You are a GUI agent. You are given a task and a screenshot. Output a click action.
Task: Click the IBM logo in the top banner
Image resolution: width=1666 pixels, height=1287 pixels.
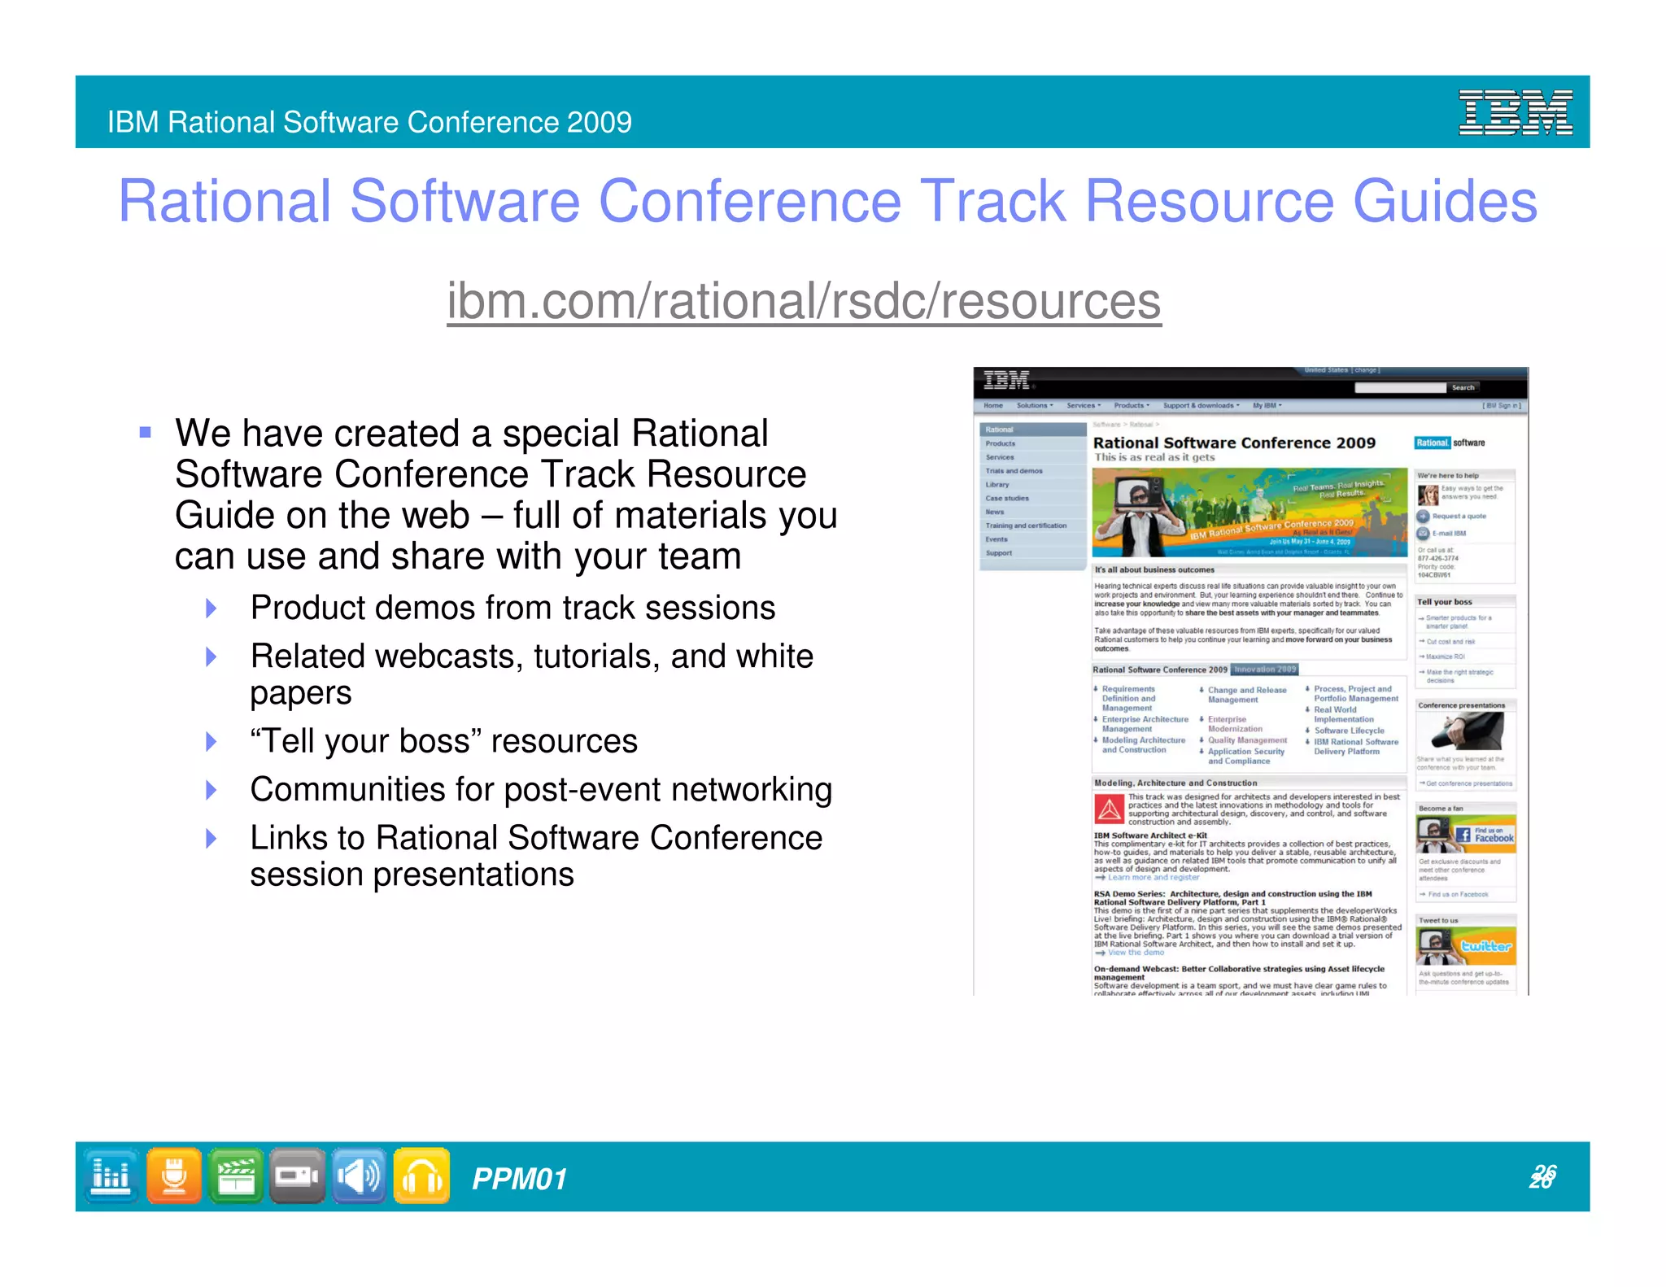click(1515, 112)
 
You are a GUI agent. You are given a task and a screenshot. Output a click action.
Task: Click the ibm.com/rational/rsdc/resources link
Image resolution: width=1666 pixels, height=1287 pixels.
click(804, 301)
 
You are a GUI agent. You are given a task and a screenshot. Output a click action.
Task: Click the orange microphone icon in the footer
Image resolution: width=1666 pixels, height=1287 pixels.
click(174, 1176)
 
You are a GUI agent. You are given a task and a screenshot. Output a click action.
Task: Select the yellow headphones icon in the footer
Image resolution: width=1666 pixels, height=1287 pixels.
click(421, 1176)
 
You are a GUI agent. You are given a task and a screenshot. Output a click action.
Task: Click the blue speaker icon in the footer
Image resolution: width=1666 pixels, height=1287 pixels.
click(359, 1176)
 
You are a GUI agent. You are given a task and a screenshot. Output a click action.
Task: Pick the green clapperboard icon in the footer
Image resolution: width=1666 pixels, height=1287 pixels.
click(236, 1176)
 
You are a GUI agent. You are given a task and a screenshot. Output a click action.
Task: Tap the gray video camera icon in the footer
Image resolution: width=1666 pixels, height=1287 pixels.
click(297, 1176)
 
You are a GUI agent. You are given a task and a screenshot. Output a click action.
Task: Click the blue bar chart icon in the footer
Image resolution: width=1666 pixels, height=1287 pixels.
click(111, 1176)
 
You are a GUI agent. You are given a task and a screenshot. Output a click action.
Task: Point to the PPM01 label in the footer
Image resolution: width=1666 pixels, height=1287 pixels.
click(519, 1179)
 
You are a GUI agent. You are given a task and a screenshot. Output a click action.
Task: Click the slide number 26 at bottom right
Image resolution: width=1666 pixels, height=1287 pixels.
click(1542, 1176)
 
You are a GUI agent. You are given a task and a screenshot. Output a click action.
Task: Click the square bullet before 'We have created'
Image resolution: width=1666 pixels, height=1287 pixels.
click(146, 433)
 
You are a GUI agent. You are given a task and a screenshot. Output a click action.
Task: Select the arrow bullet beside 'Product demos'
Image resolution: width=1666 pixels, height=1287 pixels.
click(212, 608)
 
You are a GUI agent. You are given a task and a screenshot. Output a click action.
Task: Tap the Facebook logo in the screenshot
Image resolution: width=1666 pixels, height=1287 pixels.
click(1485, 835)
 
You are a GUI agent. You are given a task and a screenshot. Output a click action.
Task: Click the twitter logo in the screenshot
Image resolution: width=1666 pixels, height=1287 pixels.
click(1485, 946)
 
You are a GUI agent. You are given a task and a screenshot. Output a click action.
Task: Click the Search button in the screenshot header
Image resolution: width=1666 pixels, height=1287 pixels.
click(1463, 387)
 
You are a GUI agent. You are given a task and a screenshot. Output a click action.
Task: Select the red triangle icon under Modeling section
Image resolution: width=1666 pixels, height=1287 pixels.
click(1108, 809)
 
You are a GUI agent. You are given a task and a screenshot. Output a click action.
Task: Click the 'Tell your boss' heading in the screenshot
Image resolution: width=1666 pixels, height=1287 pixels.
click(1444, 602)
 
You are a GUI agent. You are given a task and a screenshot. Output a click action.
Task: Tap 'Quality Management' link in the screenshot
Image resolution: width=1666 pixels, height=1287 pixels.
click(1247, 740)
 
